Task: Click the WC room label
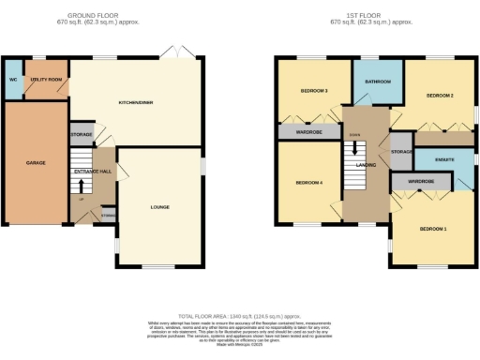(x=12, y=80)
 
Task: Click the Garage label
(x=35, y=162)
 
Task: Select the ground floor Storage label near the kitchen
(x=81, y=135)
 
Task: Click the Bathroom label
(x=379, y=81)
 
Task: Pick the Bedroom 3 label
(x=313, y=91)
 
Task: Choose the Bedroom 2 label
(x=440, y=96)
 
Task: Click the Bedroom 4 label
(x=309, y=182)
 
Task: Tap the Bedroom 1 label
(x=433, y=229)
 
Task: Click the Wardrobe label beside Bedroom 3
(x=309, y=132)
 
